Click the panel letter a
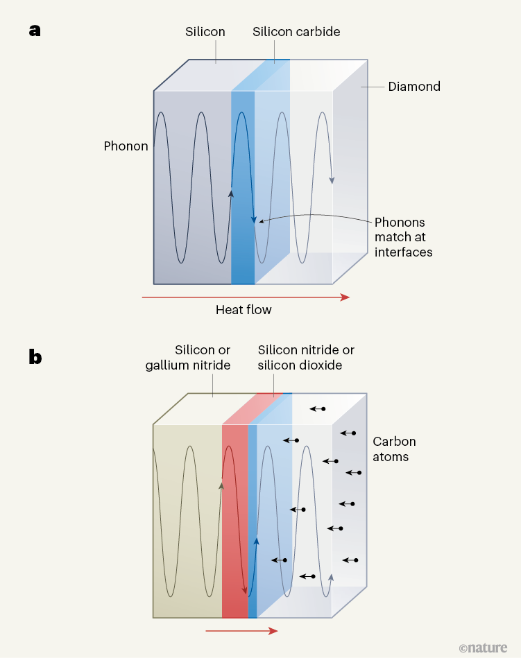tap(36, 31)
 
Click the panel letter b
tap(36, 357)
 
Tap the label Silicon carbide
tap(296, 32)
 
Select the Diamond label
tap(414, 87)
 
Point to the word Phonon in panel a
tap(126, 146)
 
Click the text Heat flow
tap(244, 310)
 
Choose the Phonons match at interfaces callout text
tap(403, 237)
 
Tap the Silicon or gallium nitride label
tap(188, 358)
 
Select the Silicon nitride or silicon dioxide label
tap(306, 358)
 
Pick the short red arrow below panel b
tap(241, 631)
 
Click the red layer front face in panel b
tap(234, 520)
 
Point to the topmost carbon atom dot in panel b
tap(323, 409)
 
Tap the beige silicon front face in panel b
tap(187, 520)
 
